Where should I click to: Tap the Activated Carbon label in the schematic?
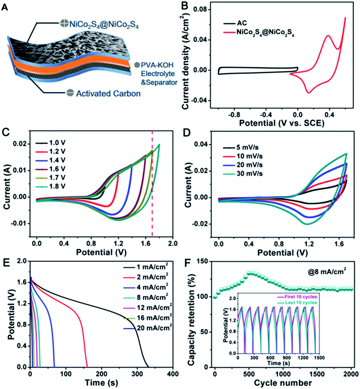click(108, 94)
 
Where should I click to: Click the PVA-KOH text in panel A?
click(157, 65)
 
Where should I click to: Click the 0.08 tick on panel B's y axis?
click(200, 9)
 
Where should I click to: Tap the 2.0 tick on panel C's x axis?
click(172, 243)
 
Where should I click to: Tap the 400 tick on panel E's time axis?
click(172, 374)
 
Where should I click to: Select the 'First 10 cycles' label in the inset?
click(301, 297)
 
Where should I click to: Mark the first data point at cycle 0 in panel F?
click(215, 297)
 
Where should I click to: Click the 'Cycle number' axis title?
click(283, 383)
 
